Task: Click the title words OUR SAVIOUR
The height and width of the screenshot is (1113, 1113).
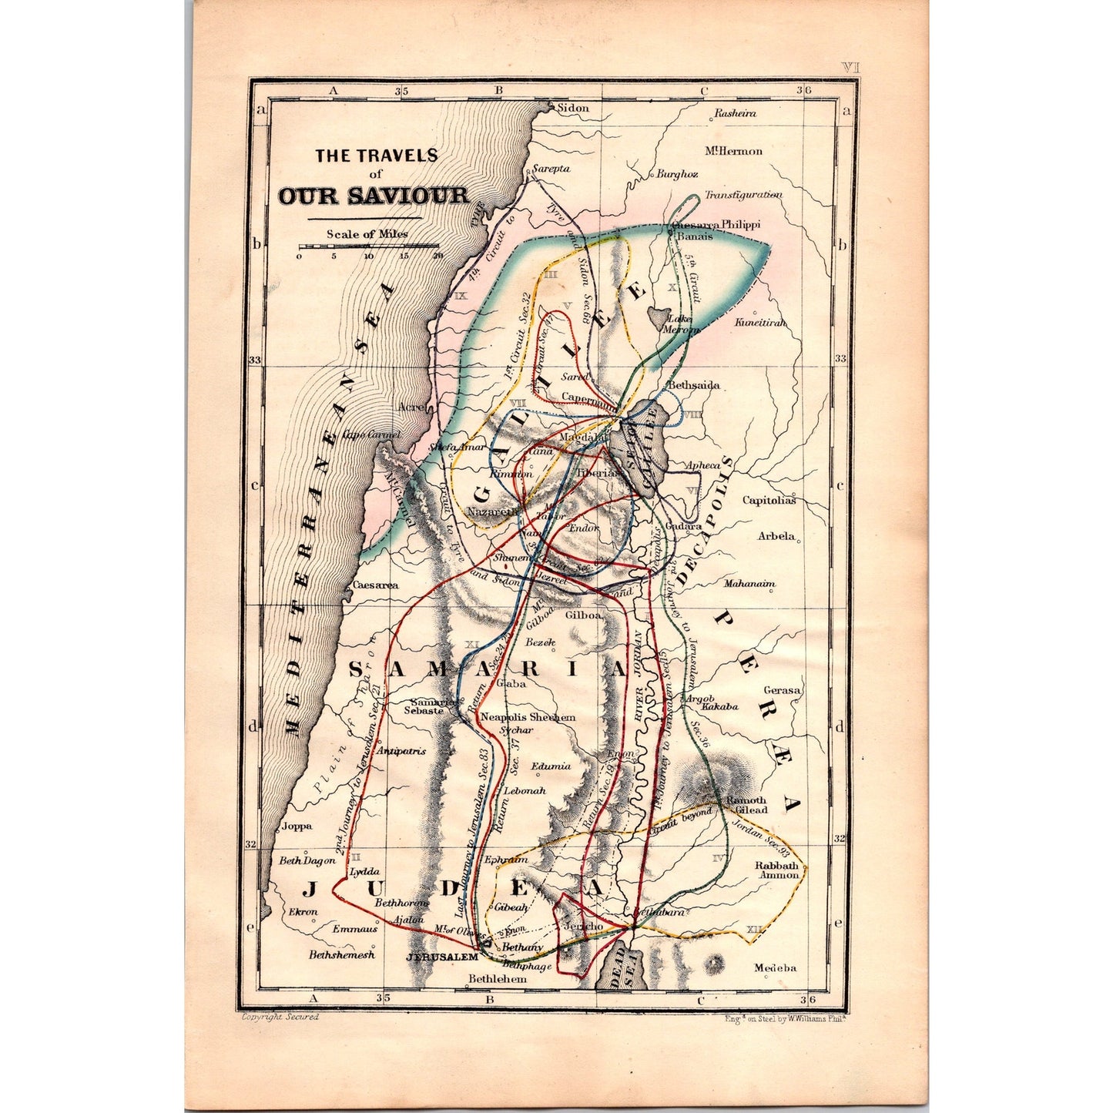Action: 373,196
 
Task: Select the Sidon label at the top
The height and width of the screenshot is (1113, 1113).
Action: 572,108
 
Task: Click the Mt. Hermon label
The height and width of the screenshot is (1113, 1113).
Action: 733,151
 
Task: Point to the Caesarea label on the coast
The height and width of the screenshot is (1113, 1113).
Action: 375,585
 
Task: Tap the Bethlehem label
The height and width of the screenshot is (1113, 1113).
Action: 498,979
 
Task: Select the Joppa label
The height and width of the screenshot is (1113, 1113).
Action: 297,826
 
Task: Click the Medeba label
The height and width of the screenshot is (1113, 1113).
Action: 775,968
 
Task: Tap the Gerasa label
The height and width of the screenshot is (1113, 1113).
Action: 781,690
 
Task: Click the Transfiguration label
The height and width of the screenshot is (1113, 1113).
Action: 743,196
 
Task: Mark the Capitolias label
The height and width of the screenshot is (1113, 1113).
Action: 768,500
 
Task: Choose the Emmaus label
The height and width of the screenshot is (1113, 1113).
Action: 355,930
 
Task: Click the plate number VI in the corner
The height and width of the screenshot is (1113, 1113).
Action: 850,68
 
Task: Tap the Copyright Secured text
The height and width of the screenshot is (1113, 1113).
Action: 280,1017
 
